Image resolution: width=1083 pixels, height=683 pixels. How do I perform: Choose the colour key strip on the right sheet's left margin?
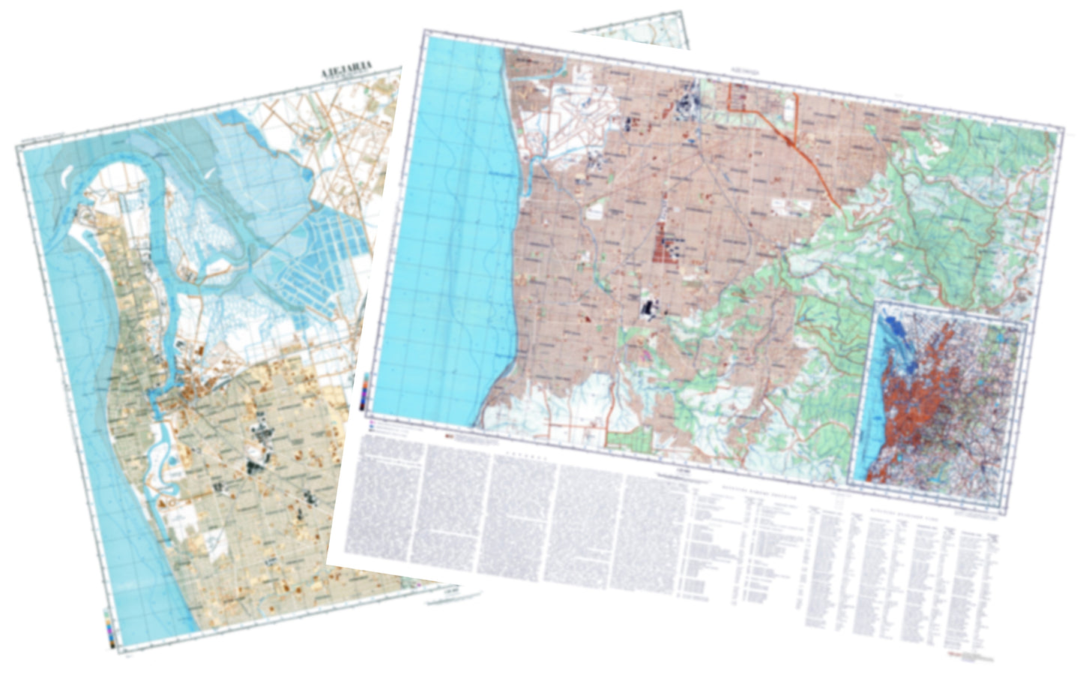pos(364,391)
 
